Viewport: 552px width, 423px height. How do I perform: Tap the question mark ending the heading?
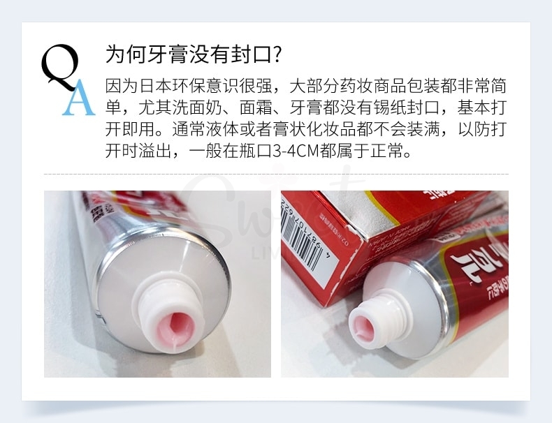pyautogui.click(x=276, y=54)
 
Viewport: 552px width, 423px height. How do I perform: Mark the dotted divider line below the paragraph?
pyautogui.click(x=276, y=174)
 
